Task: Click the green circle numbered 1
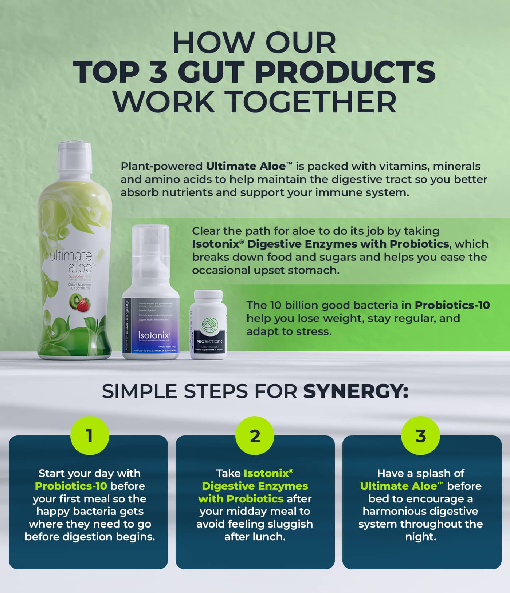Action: coord(90,435)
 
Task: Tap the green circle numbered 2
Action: coord(255,435)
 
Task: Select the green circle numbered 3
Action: coord(420,435)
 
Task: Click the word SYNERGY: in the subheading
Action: coord(356,391)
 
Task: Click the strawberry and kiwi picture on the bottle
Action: coord(79,302)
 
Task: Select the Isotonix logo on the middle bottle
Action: coord(154,335)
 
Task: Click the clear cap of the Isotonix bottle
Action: coord(150,240)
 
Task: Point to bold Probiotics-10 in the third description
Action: coord(452,305)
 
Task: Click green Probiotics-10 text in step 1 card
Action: coord(71,486)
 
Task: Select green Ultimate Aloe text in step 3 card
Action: coord(399,486)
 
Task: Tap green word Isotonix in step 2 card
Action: coord(266,473)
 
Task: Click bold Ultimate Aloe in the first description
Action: coord(246,166)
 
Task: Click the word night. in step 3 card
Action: coord(421,537)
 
